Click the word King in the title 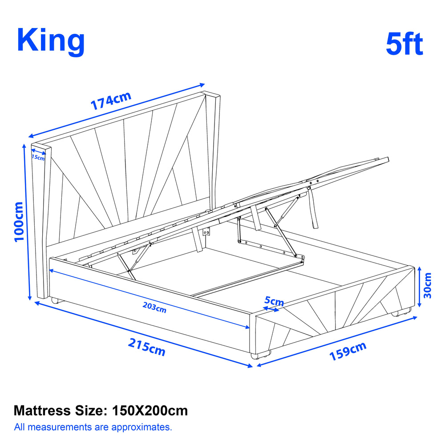(x=51, y=41)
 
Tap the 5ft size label (x=405, y=44)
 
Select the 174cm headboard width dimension (x=111, y=101)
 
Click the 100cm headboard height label (x=19, y=222)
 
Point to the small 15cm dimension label (x=38, y=157)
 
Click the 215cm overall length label (x=147, y=347)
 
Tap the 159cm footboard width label (x=348, y=352)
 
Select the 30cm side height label (x=427, y=285)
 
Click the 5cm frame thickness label (x=274, y=301)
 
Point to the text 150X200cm (x=150, y=410)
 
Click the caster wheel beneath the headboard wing (x=55, y=300)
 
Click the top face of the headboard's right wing (x=211, y=94)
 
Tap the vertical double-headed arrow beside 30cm (x=420, y=287)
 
